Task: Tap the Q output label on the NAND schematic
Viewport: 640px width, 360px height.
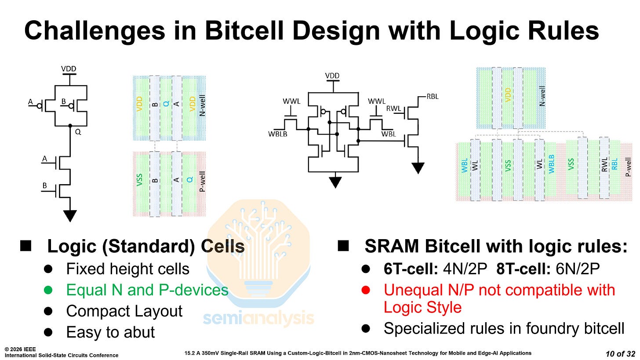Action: (x=78, y=131)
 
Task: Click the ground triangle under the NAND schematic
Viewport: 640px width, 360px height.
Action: (x=70, y=215)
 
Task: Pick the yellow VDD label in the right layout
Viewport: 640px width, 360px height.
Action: (x=508, y=94)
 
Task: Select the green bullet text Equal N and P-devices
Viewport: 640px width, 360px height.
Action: (x=147, y=290)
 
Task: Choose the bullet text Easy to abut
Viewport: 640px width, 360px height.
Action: (x=110, y=332)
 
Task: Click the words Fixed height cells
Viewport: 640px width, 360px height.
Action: (x=127, y=269)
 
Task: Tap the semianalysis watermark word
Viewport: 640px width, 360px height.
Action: (x=258, y=318)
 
